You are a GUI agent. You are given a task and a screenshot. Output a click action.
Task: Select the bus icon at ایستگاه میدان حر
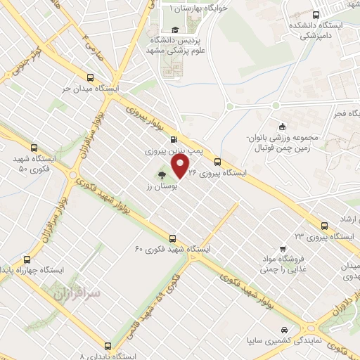point(89,78)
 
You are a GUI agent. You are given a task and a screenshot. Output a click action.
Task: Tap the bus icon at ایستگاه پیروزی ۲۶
point(217,160)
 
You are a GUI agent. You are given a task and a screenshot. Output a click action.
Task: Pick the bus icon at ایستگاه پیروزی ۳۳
point(324,226)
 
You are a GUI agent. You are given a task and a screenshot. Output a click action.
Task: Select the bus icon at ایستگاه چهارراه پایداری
point(26,259)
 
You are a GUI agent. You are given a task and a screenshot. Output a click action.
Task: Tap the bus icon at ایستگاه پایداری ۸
point(108,346)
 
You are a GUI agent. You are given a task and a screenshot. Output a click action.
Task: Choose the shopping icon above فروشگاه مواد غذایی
point(281,248)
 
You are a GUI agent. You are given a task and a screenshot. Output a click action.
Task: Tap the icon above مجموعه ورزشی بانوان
point(283,127)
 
